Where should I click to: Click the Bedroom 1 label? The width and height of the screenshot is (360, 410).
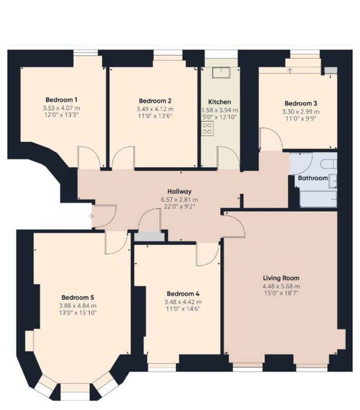point(61,99)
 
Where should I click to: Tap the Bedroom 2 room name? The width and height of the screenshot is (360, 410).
point(155,100)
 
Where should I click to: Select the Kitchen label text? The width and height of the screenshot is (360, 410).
point(220,101)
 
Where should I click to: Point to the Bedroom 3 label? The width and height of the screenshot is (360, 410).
point(301,104)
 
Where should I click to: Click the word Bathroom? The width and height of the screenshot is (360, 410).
point(313,178)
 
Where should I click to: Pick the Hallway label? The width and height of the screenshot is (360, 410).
point(179,191)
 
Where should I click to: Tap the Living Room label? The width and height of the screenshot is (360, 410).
point(281,278)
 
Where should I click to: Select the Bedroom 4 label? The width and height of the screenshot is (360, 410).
point(183,294)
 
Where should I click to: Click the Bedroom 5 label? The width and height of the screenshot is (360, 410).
point(78,297)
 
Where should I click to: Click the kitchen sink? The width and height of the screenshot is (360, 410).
point(221,72)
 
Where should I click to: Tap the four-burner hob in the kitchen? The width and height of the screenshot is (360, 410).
point(207,129)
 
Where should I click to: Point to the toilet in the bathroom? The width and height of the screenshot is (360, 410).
point(329,164)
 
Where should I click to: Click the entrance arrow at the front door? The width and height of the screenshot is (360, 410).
point(90,216)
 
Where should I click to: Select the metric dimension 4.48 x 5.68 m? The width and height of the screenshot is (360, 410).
point(281,286)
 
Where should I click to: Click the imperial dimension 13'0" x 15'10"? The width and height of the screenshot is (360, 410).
point(78,313)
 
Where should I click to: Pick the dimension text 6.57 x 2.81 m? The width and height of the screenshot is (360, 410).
point(179,200)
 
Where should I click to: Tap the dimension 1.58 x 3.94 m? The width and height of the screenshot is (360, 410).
point(220,110)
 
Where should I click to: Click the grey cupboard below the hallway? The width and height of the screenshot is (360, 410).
point(150,236)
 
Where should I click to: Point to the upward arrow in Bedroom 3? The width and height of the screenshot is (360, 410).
point(290,71)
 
